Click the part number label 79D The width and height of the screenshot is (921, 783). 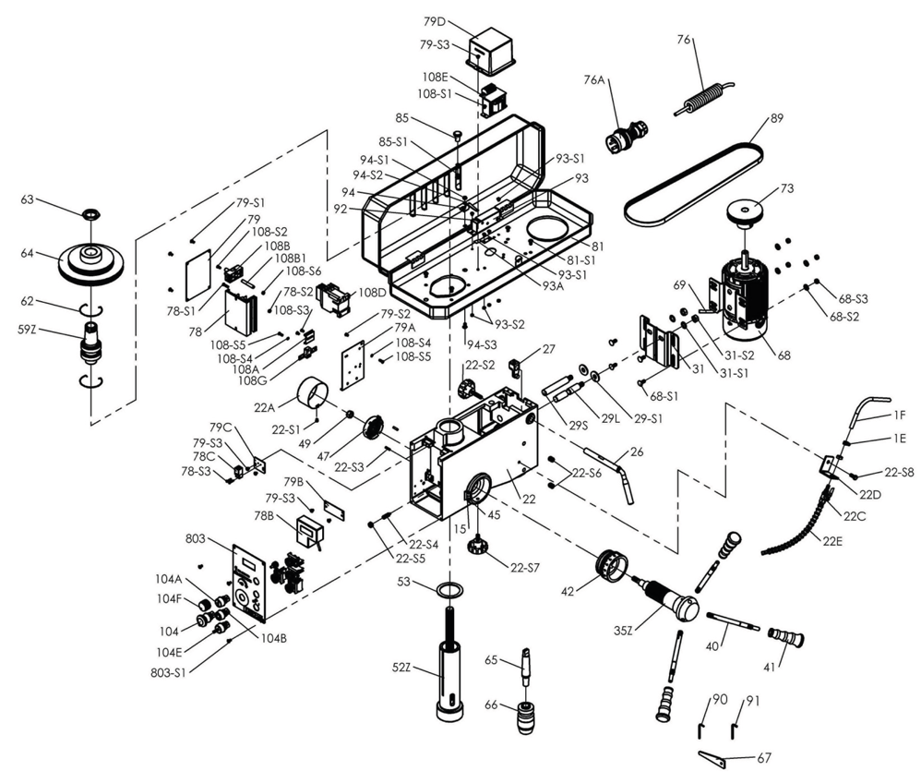(x=435, y=20)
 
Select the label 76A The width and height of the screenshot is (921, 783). (x=592, y=80)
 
